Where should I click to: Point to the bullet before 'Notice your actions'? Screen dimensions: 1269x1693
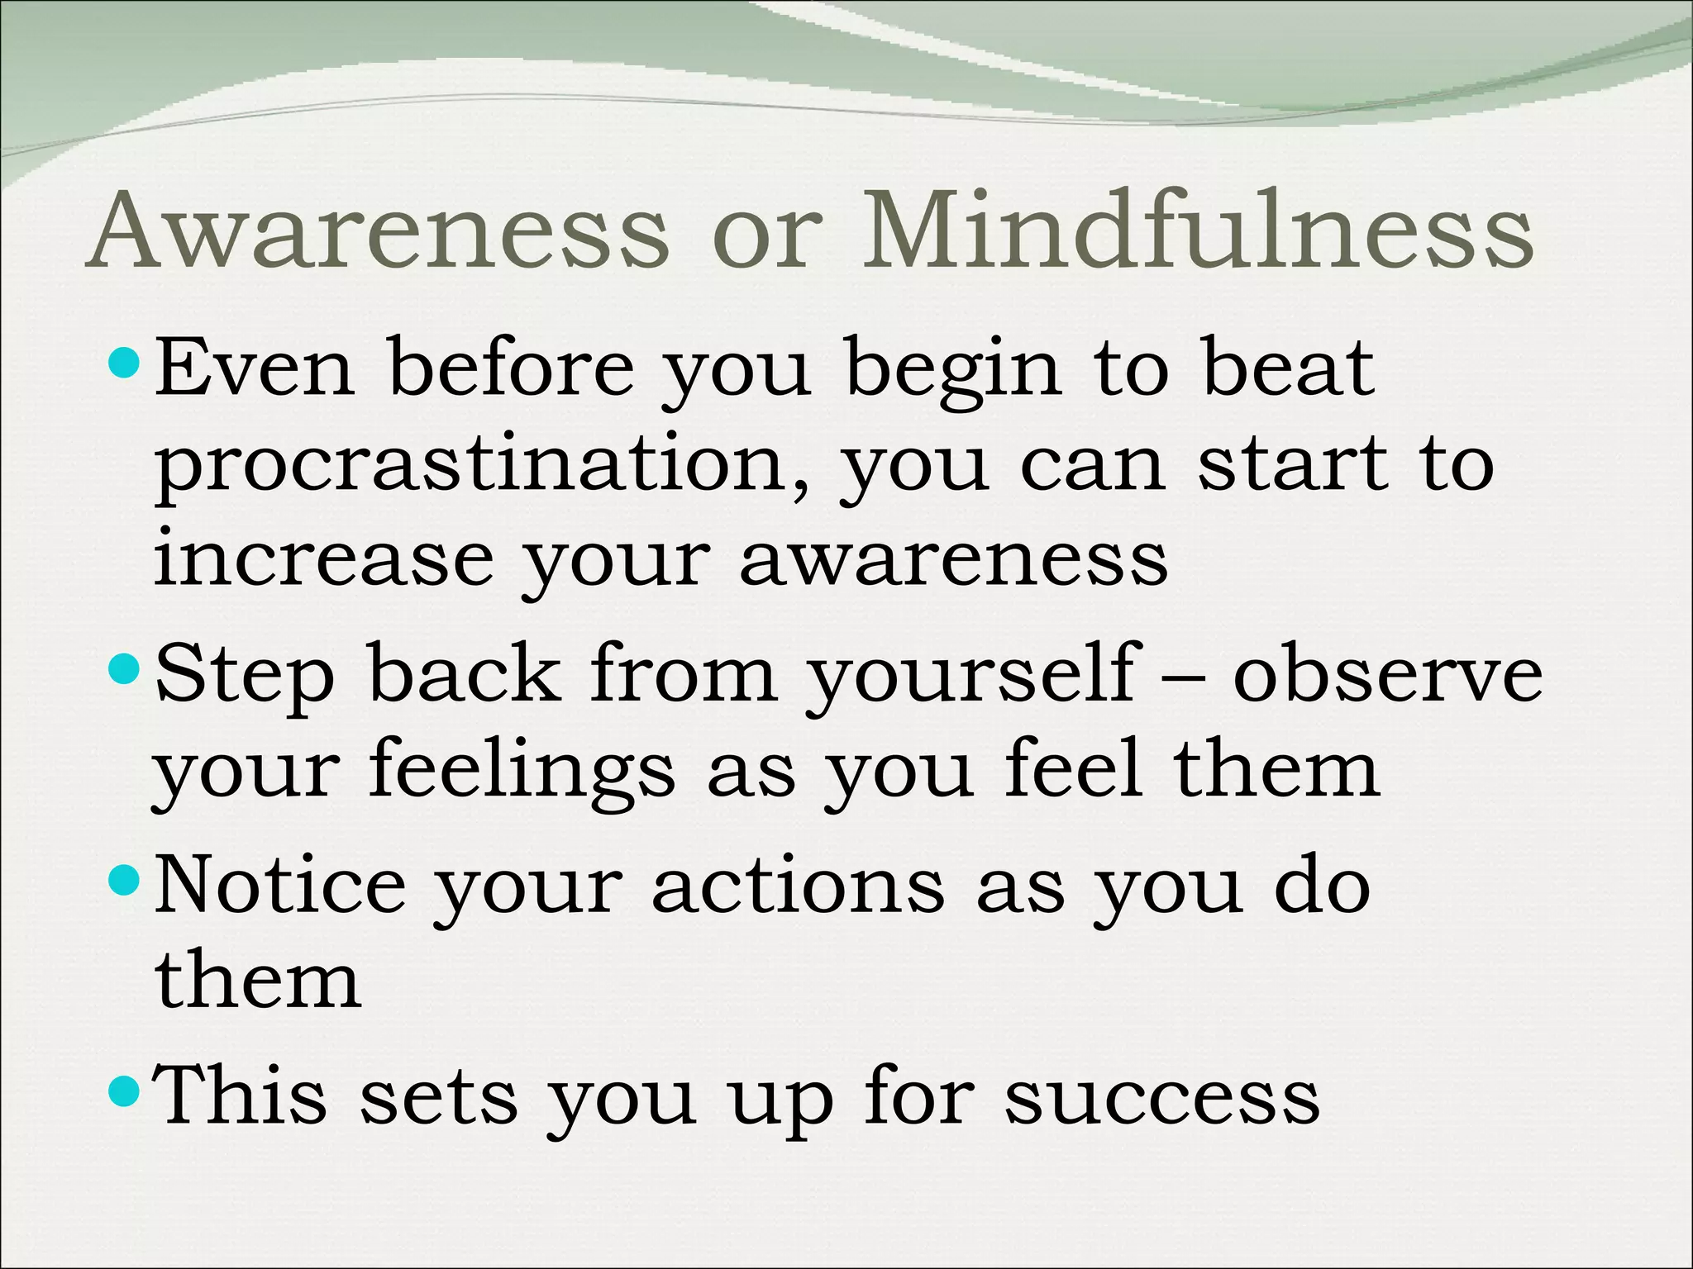pos(126,882)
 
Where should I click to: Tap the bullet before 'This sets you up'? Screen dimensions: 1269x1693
pos(126,1093)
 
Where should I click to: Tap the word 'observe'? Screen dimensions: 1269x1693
pos(1388,676)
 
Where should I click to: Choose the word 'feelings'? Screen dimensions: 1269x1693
pos(522,772)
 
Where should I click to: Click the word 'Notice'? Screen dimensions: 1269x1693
pos(280,886)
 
